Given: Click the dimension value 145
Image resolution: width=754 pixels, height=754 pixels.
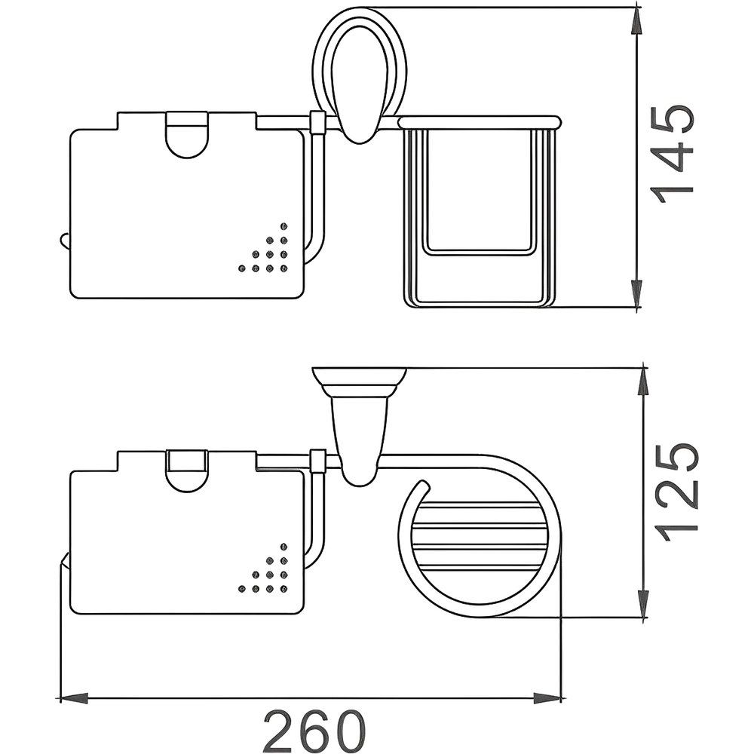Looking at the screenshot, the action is coord(673,153).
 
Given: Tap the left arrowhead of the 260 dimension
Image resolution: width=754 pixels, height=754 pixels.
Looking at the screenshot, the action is coord(74,697).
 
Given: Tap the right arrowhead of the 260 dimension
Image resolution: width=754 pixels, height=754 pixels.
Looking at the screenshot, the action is coord(548,697).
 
